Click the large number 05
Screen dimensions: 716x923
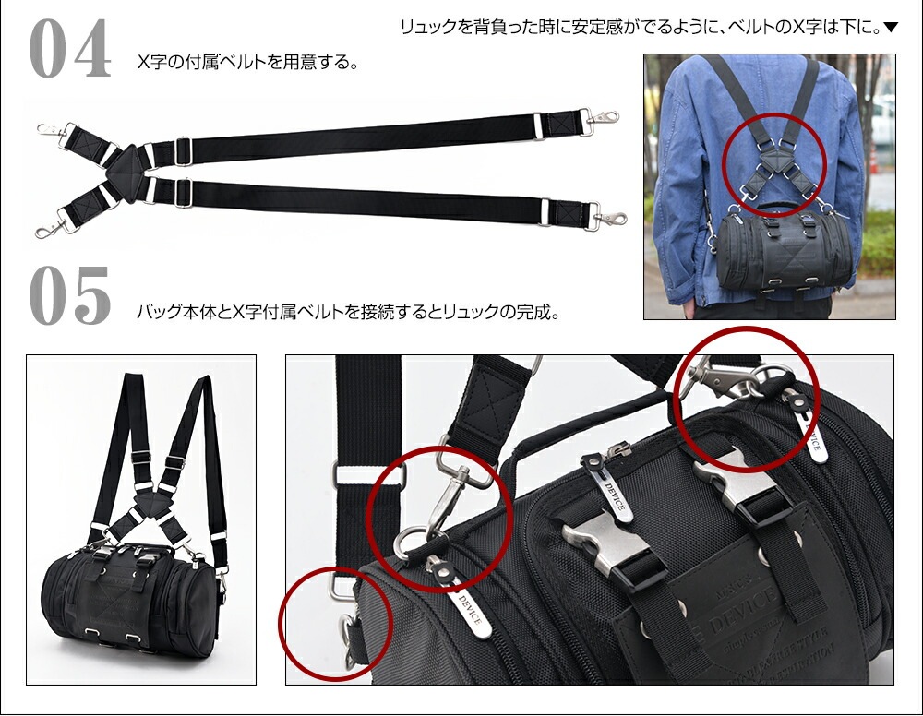[71, 296]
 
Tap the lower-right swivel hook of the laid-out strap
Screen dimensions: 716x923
[609, 219]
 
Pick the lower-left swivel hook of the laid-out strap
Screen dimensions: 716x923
[49, 226]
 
